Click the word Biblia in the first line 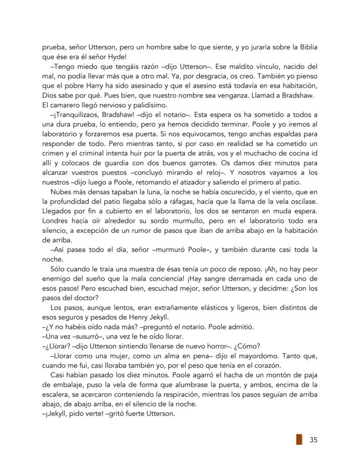(307, 47)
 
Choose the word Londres (56, 221)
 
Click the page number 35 (313, 439)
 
